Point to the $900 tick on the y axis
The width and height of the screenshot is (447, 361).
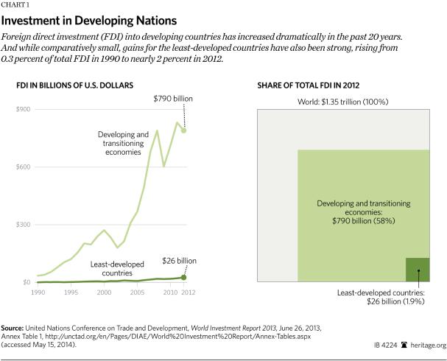pyautogui.click(x=24, y=110)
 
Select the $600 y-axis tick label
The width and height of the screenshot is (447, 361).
pyautogui.click(x=24, y=167)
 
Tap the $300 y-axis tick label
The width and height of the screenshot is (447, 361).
pyautogui.click(x=24, y=225)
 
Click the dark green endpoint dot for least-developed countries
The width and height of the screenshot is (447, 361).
pyautogui.click(x=183, y=278)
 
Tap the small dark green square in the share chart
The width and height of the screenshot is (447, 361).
pyautogui.click(x=418, y=270)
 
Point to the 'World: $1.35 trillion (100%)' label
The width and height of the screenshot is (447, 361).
pyautogui.click(x=342, y=99)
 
